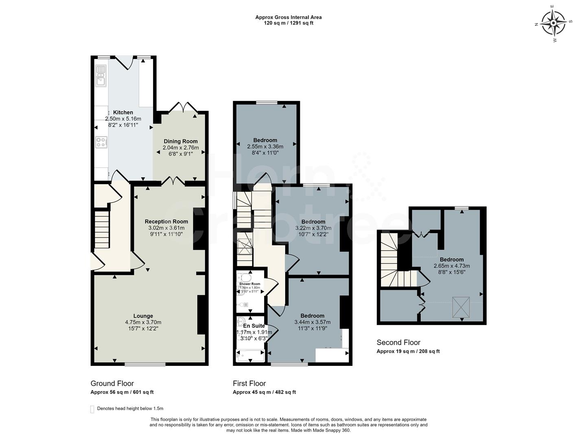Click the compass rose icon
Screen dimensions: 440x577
[x=553, y=23]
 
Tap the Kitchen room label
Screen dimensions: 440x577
[x=123, y=112]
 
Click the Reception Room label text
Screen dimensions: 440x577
[x=166, y=222]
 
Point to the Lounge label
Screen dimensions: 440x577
[x=143, y=316]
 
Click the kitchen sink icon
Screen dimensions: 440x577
[x=101, y=76]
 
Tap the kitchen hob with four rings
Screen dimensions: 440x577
[x=101, y=142]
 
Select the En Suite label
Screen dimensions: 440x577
[x=254, y=326]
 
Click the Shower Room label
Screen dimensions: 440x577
[x=250, y=284]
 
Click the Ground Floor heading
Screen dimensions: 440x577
[x=112, y=383]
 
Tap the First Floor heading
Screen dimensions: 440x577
[x=249, y=383]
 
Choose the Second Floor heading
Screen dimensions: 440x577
[x=398, y=343]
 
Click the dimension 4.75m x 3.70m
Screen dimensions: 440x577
[x=143, y=322]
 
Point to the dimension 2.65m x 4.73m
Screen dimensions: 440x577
[x=452, y=266]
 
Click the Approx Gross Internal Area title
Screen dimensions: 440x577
[x=288, y=17]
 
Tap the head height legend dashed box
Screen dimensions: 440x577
[x=92, y=409]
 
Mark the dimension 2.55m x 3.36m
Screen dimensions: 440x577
[x=265, y=147]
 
